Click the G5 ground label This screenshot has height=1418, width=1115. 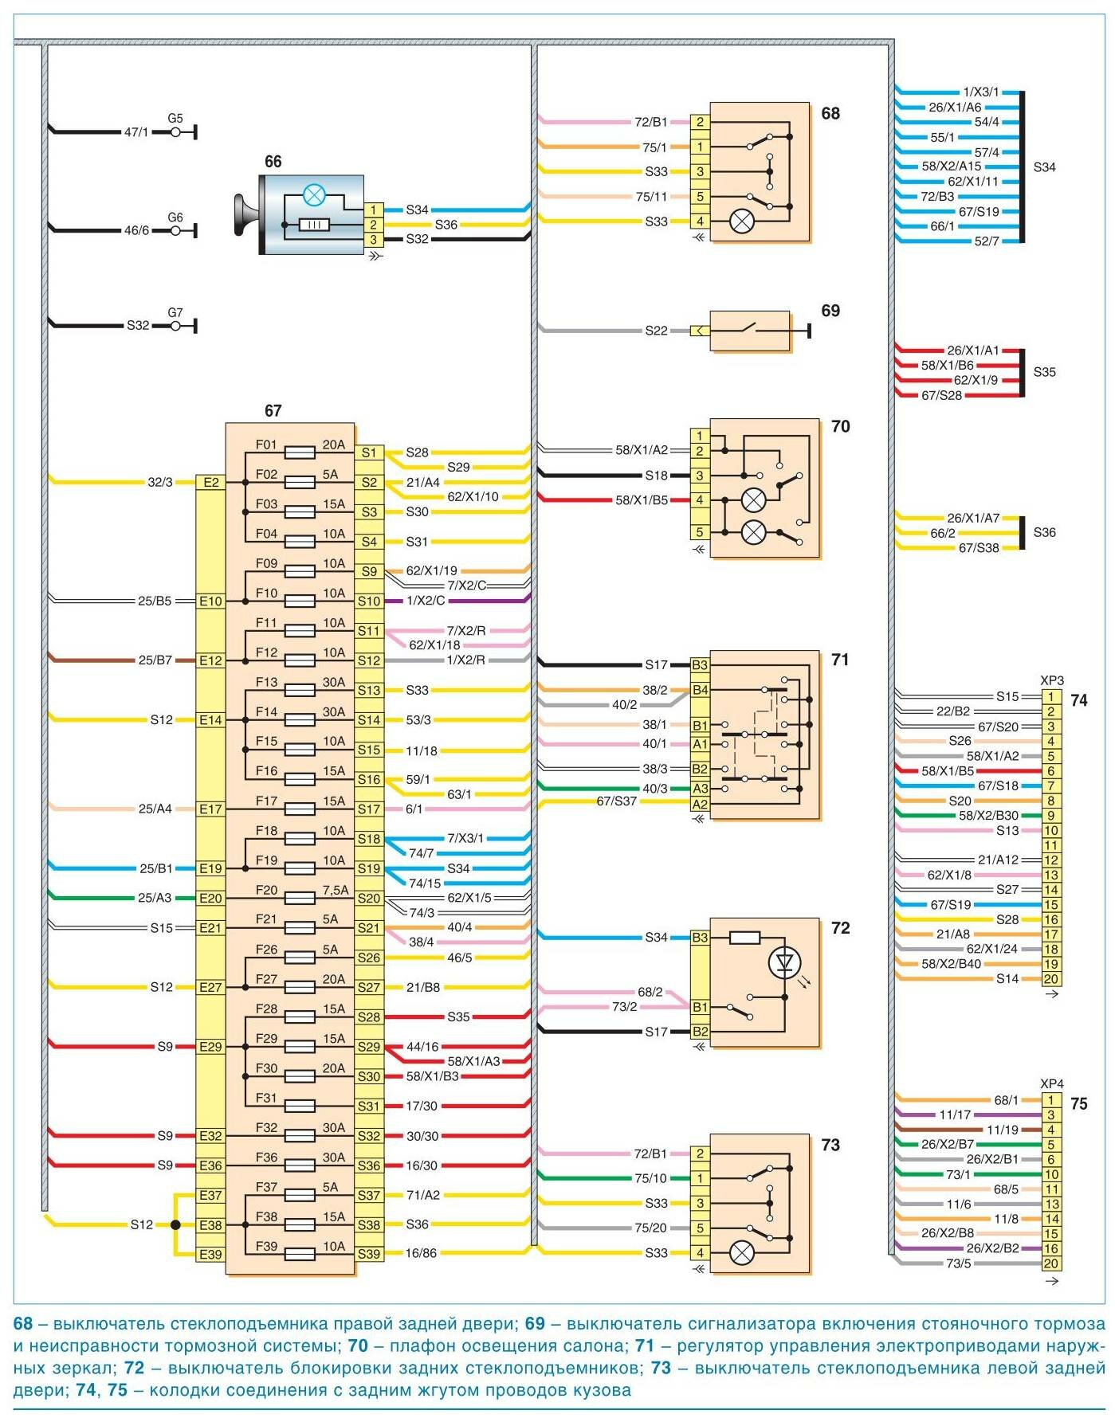(175, 119)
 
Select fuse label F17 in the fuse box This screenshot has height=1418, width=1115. (266, 801)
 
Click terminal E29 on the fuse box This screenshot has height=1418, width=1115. (210, 1047)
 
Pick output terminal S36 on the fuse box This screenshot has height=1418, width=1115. (369, 1165)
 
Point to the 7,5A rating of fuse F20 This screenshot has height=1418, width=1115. (336, 890)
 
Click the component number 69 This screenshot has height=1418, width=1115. (830, 311)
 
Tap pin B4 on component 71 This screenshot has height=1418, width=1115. (700, 690)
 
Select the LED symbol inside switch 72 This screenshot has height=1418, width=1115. (784, 963)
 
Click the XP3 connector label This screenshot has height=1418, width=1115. (1052, 681)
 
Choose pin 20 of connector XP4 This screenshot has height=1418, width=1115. (1052, 1263)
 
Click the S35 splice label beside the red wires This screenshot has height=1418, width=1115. (1044, 372)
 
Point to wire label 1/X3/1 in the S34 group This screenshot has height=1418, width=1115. (980, 92)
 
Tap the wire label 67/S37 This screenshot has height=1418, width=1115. (617, 801)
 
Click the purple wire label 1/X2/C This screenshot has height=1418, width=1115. (426, 601)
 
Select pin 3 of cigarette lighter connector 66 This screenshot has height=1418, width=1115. (373, 239)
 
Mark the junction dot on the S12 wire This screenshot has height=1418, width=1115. (176, 1225)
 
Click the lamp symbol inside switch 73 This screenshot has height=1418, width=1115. (742, 1253)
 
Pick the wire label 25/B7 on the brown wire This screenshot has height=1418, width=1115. (155, 660)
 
